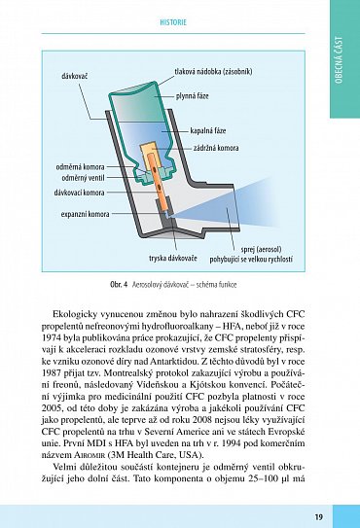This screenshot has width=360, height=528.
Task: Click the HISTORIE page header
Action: coord(173,23)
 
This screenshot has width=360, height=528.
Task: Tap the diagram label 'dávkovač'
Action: coord(75,77)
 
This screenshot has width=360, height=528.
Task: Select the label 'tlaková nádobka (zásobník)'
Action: coord(213,71)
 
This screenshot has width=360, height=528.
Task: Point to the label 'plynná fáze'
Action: coord(192,96)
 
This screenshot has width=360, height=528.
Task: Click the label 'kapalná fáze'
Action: coord(208,130)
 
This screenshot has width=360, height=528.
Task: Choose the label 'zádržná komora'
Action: coord(216,148)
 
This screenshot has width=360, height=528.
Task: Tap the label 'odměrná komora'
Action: coord(80,167)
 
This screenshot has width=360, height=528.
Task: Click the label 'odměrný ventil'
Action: coord(83,178)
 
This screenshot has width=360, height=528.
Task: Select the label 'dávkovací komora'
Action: coord(79,193)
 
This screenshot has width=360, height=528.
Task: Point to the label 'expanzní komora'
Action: coord(85,214)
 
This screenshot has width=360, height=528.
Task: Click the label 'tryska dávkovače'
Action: coord(173,259)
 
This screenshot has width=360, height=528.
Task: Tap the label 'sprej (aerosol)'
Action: coord(261,250)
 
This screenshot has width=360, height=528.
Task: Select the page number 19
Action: coord(318,517)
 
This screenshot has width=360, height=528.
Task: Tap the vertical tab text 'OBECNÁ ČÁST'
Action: coord(339,60)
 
